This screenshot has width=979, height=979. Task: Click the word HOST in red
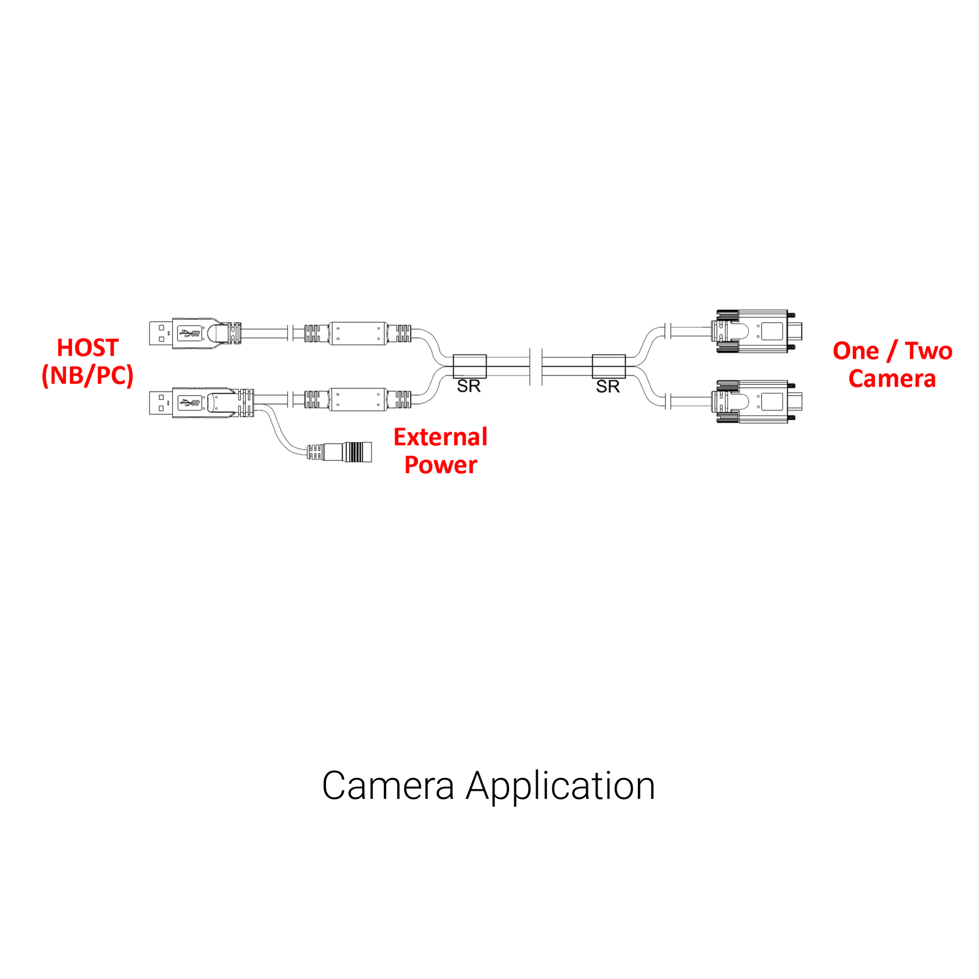click(88, 348)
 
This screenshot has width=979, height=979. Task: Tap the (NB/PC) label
click(88, 376)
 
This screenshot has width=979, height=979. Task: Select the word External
click(440, 437)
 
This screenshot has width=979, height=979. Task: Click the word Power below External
click(440, 465)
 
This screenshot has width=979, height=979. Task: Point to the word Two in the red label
click(928, 351)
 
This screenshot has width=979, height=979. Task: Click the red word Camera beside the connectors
click(892, 379)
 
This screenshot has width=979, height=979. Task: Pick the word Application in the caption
click(560, 786)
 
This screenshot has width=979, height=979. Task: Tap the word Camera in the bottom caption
click(388, 786)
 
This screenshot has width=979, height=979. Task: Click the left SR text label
click(469, 386)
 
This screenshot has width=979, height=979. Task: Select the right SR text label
click(608, 387)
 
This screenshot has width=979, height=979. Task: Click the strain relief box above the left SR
click(470, 366)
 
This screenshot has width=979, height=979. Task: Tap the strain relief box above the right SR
click(609, 366)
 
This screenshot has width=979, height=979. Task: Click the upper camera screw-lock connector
click(758, 332)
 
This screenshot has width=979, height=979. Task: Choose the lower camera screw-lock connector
click(758, 402)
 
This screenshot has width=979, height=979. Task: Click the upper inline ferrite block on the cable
click(358, 334)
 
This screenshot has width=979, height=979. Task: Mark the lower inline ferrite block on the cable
click(358, 400)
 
